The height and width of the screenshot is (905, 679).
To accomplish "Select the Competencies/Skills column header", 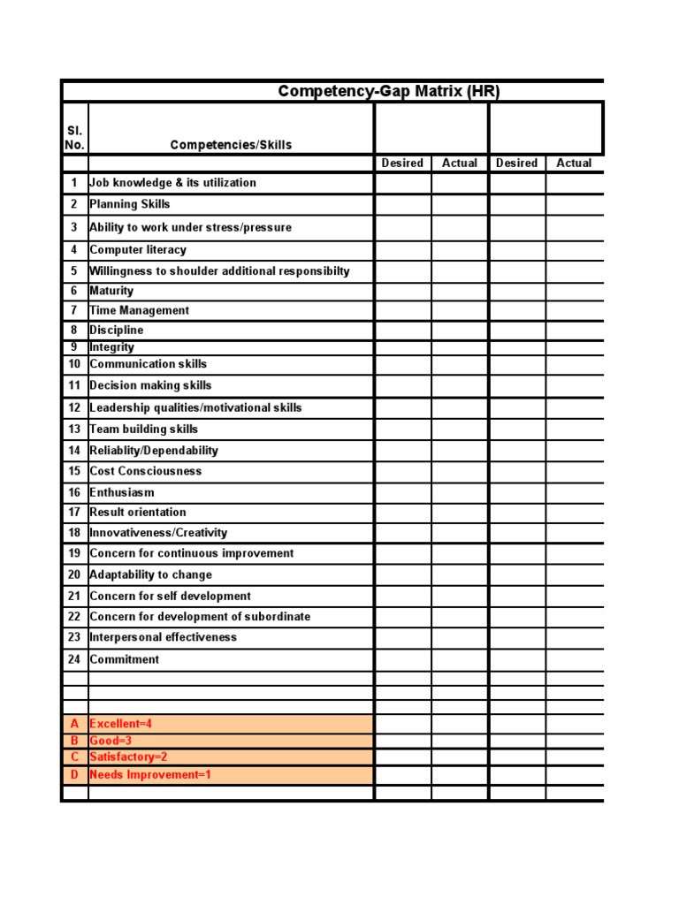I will [x=231, y=145].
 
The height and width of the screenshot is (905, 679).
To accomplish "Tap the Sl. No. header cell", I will [x=75, y=137].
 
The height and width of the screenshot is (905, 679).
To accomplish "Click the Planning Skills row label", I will [x=130, y=204].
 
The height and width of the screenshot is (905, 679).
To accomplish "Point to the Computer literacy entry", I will [x=138, y=250].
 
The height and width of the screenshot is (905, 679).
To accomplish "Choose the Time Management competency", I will [x=140, y=310].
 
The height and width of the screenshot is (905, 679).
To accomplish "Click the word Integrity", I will [x=112, y=347].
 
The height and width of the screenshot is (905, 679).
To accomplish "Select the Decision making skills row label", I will [x=150, y=385].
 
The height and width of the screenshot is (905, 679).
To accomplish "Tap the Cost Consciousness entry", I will [x=146, y=471].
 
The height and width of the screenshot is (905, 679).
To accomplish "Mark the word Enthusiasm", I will [x=122, y=492].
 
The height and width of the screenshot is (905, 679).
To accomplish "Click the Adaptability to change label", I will [x=151, y=574].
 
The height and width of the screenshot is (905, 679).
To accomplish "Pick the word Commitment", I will [x=125, y=659].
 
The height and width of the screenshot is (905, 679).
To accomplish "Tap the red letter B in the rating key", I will [x=75, y=741].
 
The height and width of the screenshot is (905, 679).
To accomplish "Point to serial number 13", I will [x=74, y=429].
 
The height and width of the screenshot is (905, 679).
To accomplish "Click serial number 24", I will [x=74, y=659].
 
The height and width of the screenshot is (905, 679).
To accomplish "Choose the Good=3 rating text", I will [x=111, y=741].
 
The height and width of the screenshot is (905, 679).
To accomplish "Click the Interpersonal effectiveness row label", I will [x=164, y=637].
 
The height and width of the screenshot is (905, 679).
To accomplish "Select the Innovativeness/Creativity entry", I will [x=158, y=533].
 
